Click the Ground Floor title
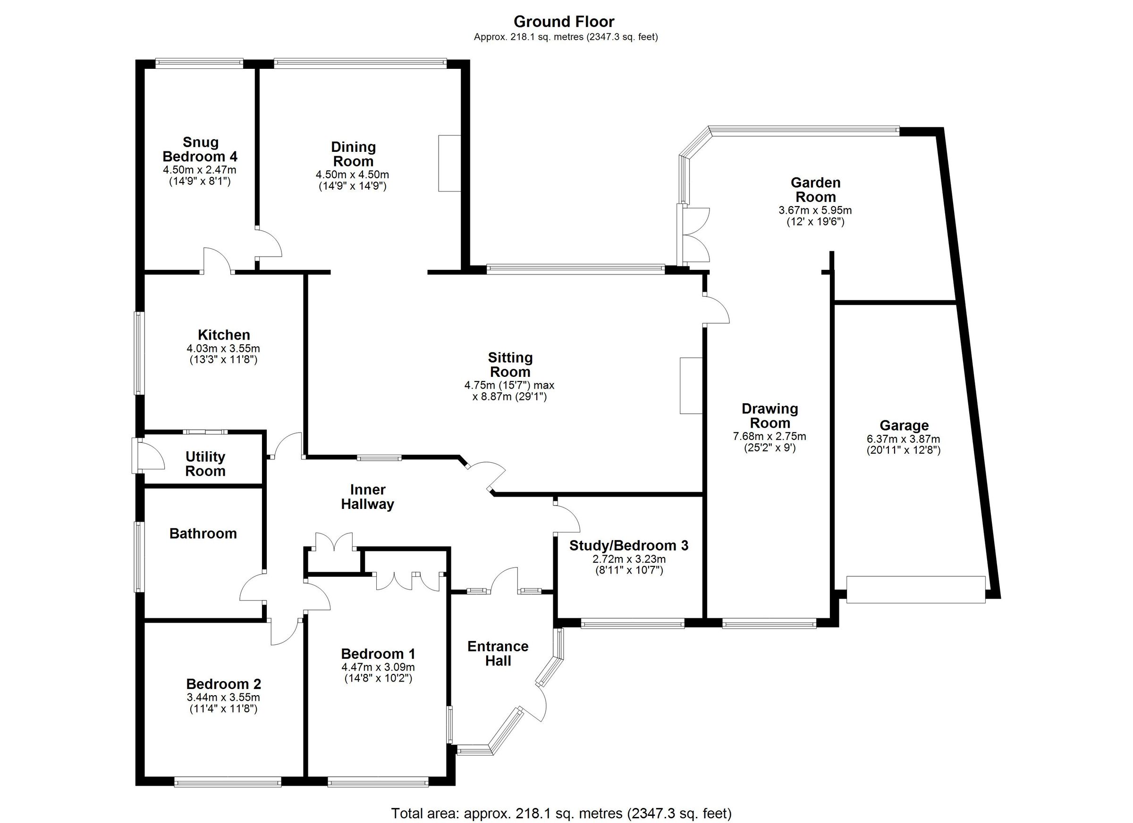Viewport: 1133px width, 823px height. tap(564, 22)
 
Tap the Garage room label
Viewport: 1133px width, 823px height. tap(904, 426)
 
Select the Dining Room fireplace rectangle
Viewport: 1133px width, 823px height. tap(449, 163)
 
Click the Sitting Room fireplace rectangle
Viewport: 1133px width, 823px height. tap(690, 385)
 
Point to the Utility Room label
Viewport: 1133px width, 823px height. tap(205, 464)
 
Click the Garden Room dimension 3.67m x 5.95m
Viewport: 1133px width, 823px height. tap(815, 211)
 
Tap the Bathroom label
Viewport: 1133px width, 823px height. tap(203, 533)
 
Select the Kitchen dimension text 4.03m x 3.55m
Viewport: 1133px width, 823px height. tap(223, 349)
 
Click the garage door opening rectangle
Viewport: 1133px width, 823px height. tap(916, 590)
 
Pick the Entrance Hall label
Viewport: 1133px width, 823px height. tap(498, 653)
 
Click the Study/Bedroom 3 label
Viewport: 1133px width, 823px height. tap(628, 546)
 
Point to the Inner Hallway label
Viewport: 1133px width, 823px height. tap(368, 497)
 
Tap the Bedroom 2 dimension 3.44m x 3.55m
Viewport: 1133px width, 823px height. tap(223, 697)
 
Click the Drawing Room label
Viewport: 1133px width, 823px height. tap(769, 416)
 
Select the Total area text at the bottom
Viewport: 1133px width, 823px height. tap(560, 814)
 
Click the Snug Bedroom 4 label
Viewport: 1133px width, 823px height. tap(200, 149)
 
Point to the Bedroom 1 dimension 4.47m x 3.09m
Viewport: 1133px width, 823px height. tap(378, 667)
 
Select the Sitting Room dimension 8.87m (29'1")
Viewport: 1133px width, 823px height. tap(509, 397)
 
